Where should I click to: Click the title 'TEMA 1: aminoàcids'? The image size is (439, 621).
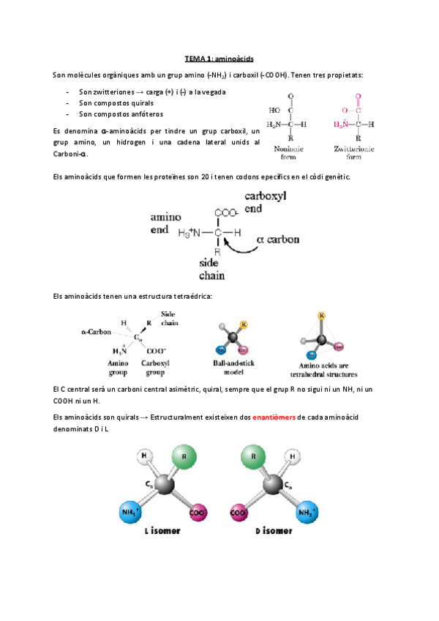click(x=219, y=58)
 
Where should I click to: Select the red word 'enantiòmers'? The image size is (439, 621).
click(x=274, y=417)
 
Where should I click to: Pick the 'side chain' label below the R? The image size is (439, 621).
click(x=212, y=269)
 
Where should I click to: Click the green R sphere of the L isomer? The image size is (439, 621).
click(x=182, y=459)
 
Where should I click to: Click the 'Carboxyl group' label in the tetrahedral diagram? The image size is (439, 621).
click(x=156, y=367)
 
